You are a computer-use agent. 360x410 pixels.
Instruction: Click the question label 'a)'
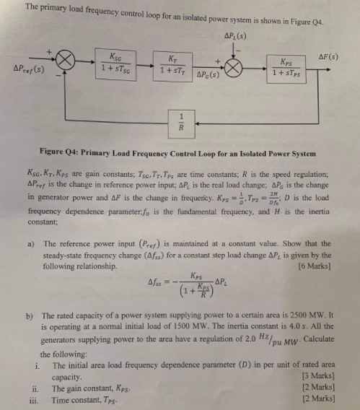(x=32, y=244)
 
